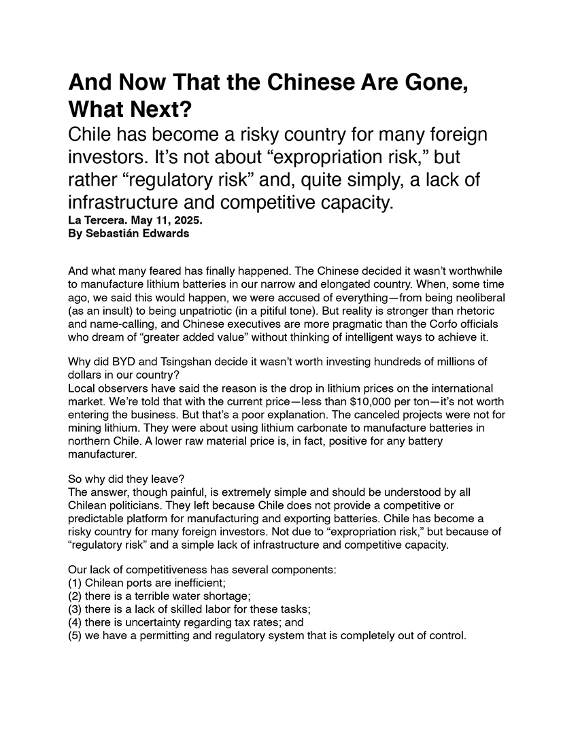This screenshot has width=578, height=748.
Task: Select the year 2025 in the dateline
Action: (x=188, y=222)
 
